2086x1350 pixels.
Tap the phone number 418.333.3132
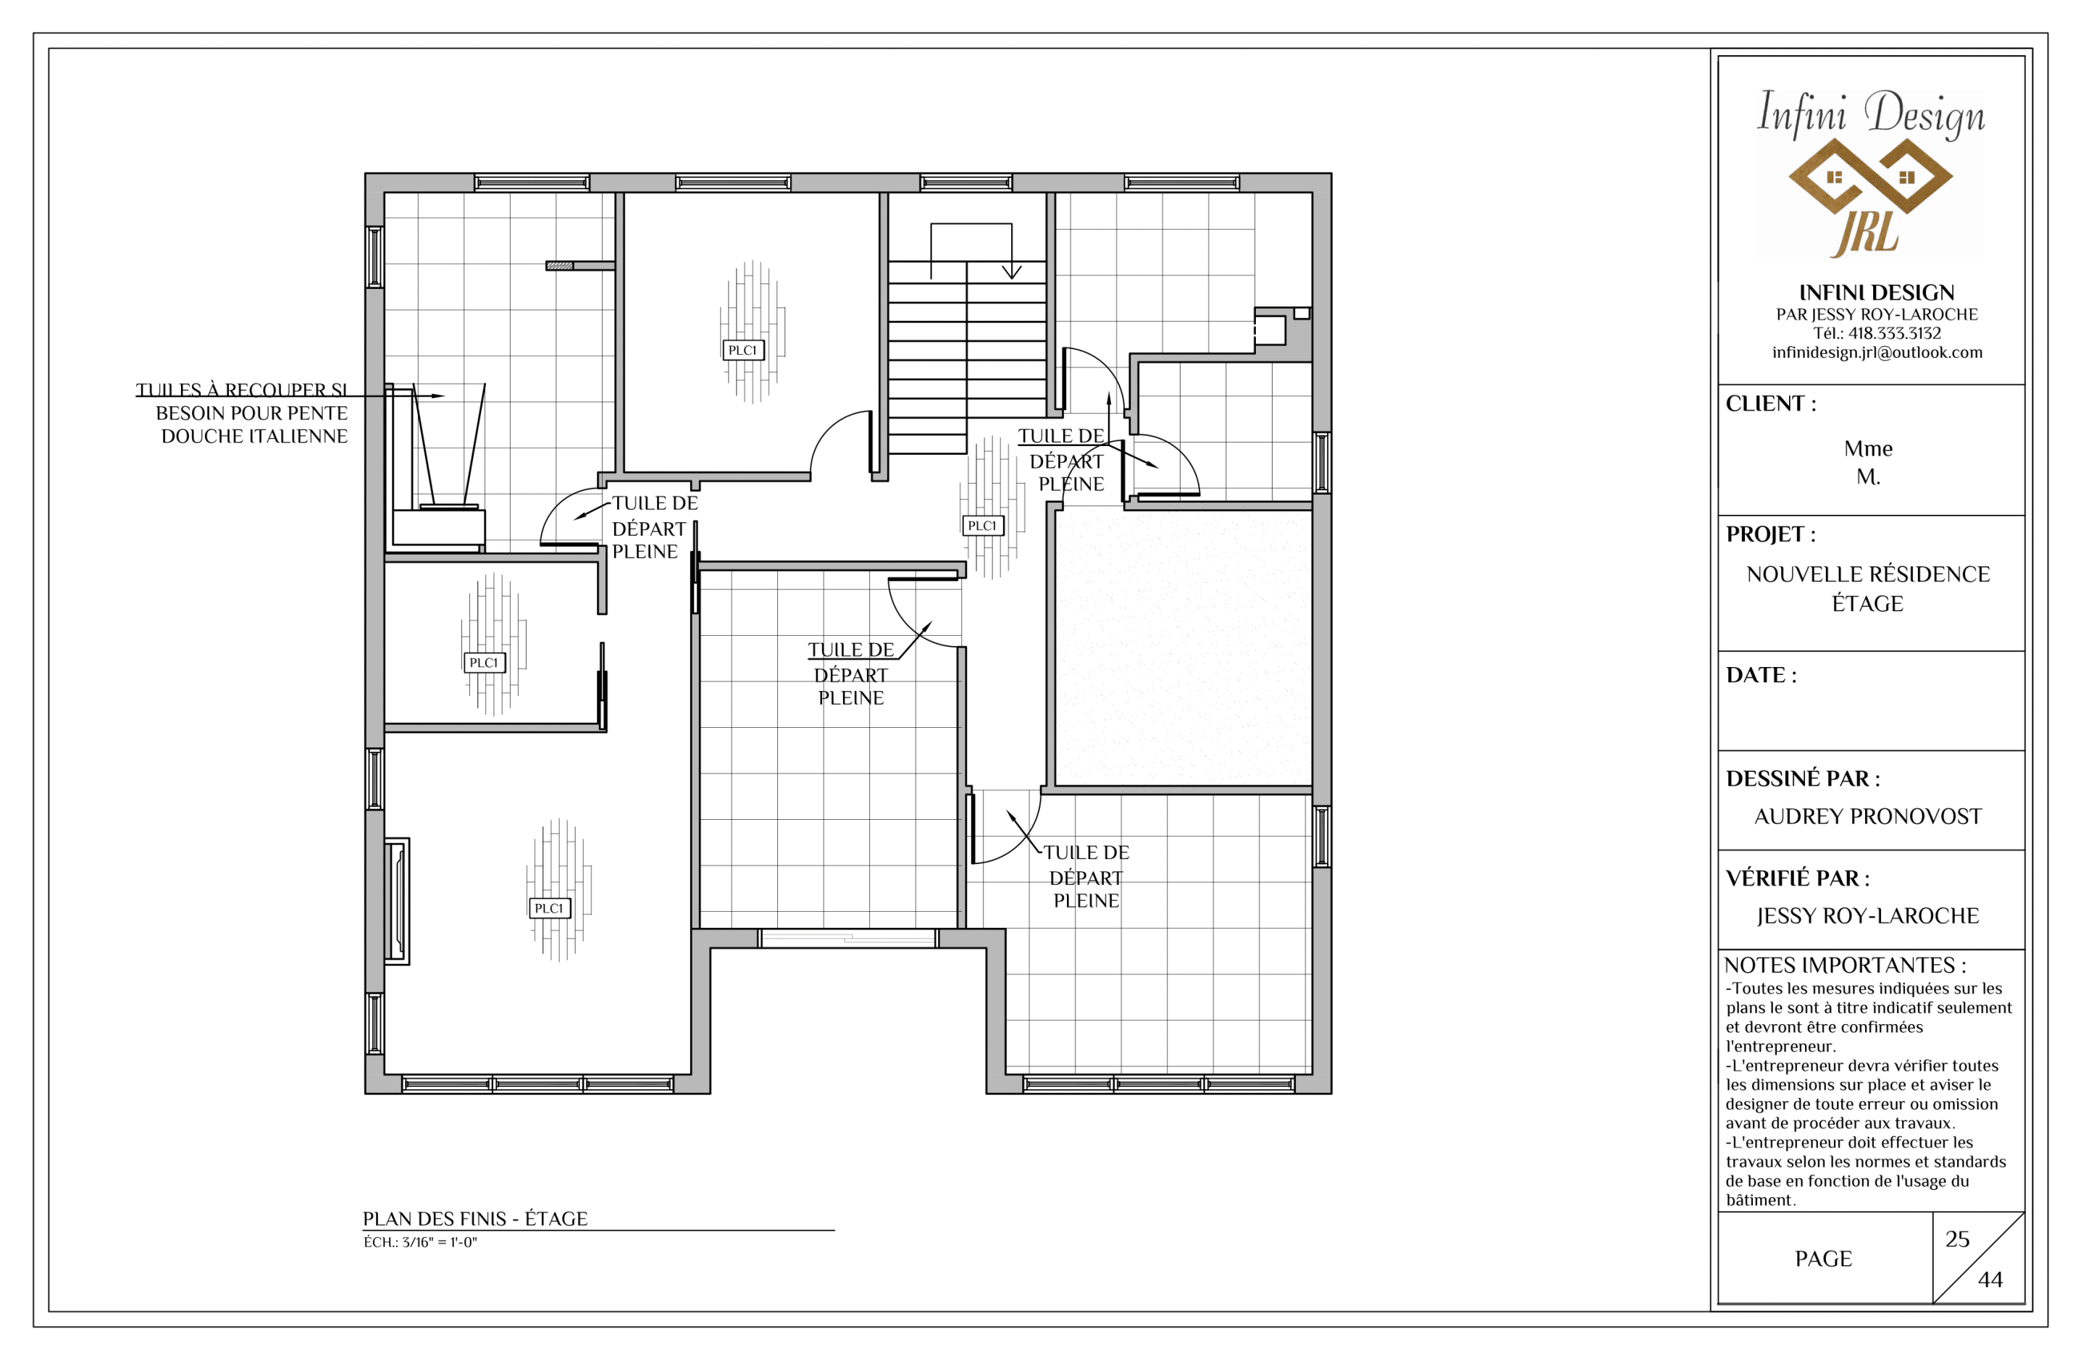[1894, 333]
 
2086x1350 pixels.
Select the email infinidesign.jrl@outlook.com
[1877, 353]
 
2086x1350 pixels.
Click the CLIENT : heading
[1770, 403]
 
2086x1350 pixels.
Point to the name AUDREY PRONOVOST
[1868, 816]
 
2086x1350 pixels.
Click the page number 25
[1957, 1238]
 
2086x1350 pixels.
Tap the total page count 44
[1990, 1279]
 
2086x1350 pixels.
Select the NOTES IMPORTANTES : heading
[1845, 965]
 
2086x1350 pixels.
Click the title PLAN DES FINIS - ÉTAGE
[475, 1218]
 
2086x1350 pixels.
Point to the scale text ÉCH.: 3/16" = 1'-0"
[421, 1242]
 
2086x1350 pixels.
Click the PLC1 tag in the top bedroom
[742, 350]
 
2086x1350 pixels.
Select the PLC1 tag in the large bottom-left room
[549, 908]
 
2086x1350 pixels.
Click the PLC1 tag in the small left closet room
[484, 662]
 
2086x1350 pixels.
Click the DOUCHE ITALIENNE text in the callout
[254, 436]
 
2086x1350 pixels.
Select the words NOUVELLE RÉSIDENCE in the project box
[1868, 574]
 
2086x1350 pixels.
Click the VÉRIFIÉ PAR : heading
[1798, 879]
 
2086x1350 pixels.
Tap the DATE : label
[1761, 675]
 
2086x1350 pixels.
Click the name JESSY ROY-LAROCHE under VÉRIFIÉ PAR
[1868, 916]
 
